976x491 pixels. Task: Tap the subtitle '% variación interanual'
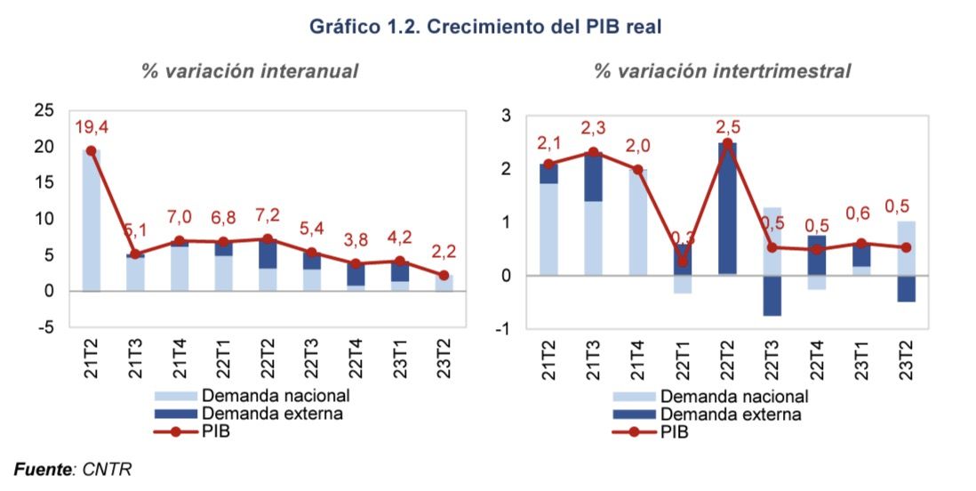[x=250, y=71]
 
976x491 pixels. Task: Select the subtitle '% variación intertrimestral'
[x=722, y=71]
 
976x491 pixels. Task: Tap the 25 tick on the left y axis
[x=43, y=110]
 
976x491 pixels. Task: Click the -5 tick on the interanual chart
[x=44, y=327]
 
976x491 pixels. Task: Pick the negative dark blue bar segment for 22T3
[x=772, y=295]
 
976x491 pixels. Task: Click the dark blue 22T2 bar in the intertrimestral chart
[x=728, y=209]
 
